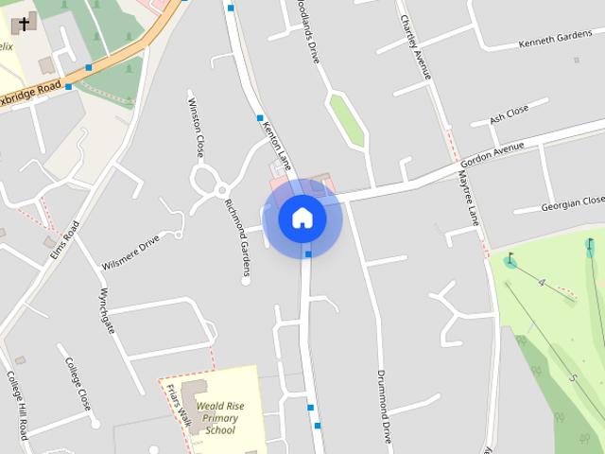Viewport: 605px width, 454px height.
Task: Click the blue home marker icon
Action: (x=302, y=218)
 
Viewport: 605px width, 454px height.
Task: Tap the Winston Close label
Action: (x=196, y=127)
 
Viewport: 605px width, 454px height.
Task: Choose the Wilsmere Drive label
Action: (x=130, y=253)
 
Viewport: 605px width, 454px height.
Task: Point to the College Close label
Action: (x=78, y=380)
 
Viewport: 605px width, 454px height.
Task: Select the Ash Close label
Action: (x=509, y=115)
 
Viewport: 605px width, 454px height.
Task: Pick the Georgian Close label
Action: (x=572, y=203)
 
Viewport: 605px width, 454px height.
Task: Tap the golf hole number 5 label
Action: (x=573, y=377)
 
